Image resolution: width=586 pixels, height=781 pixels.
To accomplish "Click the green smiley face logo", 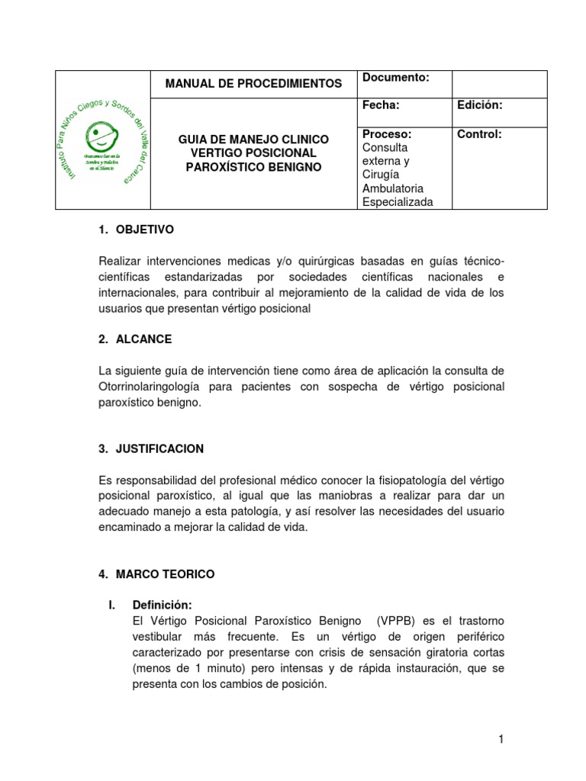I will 102,138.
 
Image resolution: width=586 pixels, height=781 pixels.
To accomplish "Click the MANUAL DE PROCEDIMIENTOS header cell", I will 253,84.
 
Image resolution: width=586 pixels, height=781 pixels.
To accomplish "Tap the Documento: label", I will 395,78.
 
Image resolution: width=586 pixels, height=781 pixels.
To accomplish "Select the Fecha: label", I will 381,105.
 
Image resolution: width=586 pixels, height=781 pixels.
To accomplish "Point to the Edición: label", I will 479,105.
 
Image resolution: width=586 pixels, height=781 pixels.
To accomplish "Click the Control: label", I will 479,134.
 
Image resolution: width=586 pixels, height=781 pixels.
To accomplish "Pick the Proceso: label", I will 387,134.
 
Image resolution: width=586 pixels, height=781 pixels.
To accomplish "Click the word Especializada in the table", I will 398,202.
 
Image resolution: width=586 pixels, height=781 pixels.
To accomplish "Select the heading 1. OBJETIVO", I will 137,229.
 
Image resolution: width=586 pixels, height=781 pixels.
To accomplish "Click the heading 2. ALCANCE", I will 135,339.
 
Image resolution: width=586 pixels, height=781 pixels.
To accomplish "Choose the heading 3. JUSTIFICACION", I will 150,449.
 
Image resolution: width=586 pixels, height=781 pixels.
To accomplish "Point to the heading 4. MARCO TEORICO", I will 157,574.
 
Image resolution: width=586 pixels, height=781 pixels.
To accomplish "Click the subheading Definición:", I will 162,605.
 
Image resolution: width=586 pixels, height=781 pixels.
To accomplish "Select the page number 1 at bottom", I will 501,739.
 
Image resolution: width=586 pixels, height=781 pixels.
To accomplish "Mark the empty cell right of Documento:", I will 499,84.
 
